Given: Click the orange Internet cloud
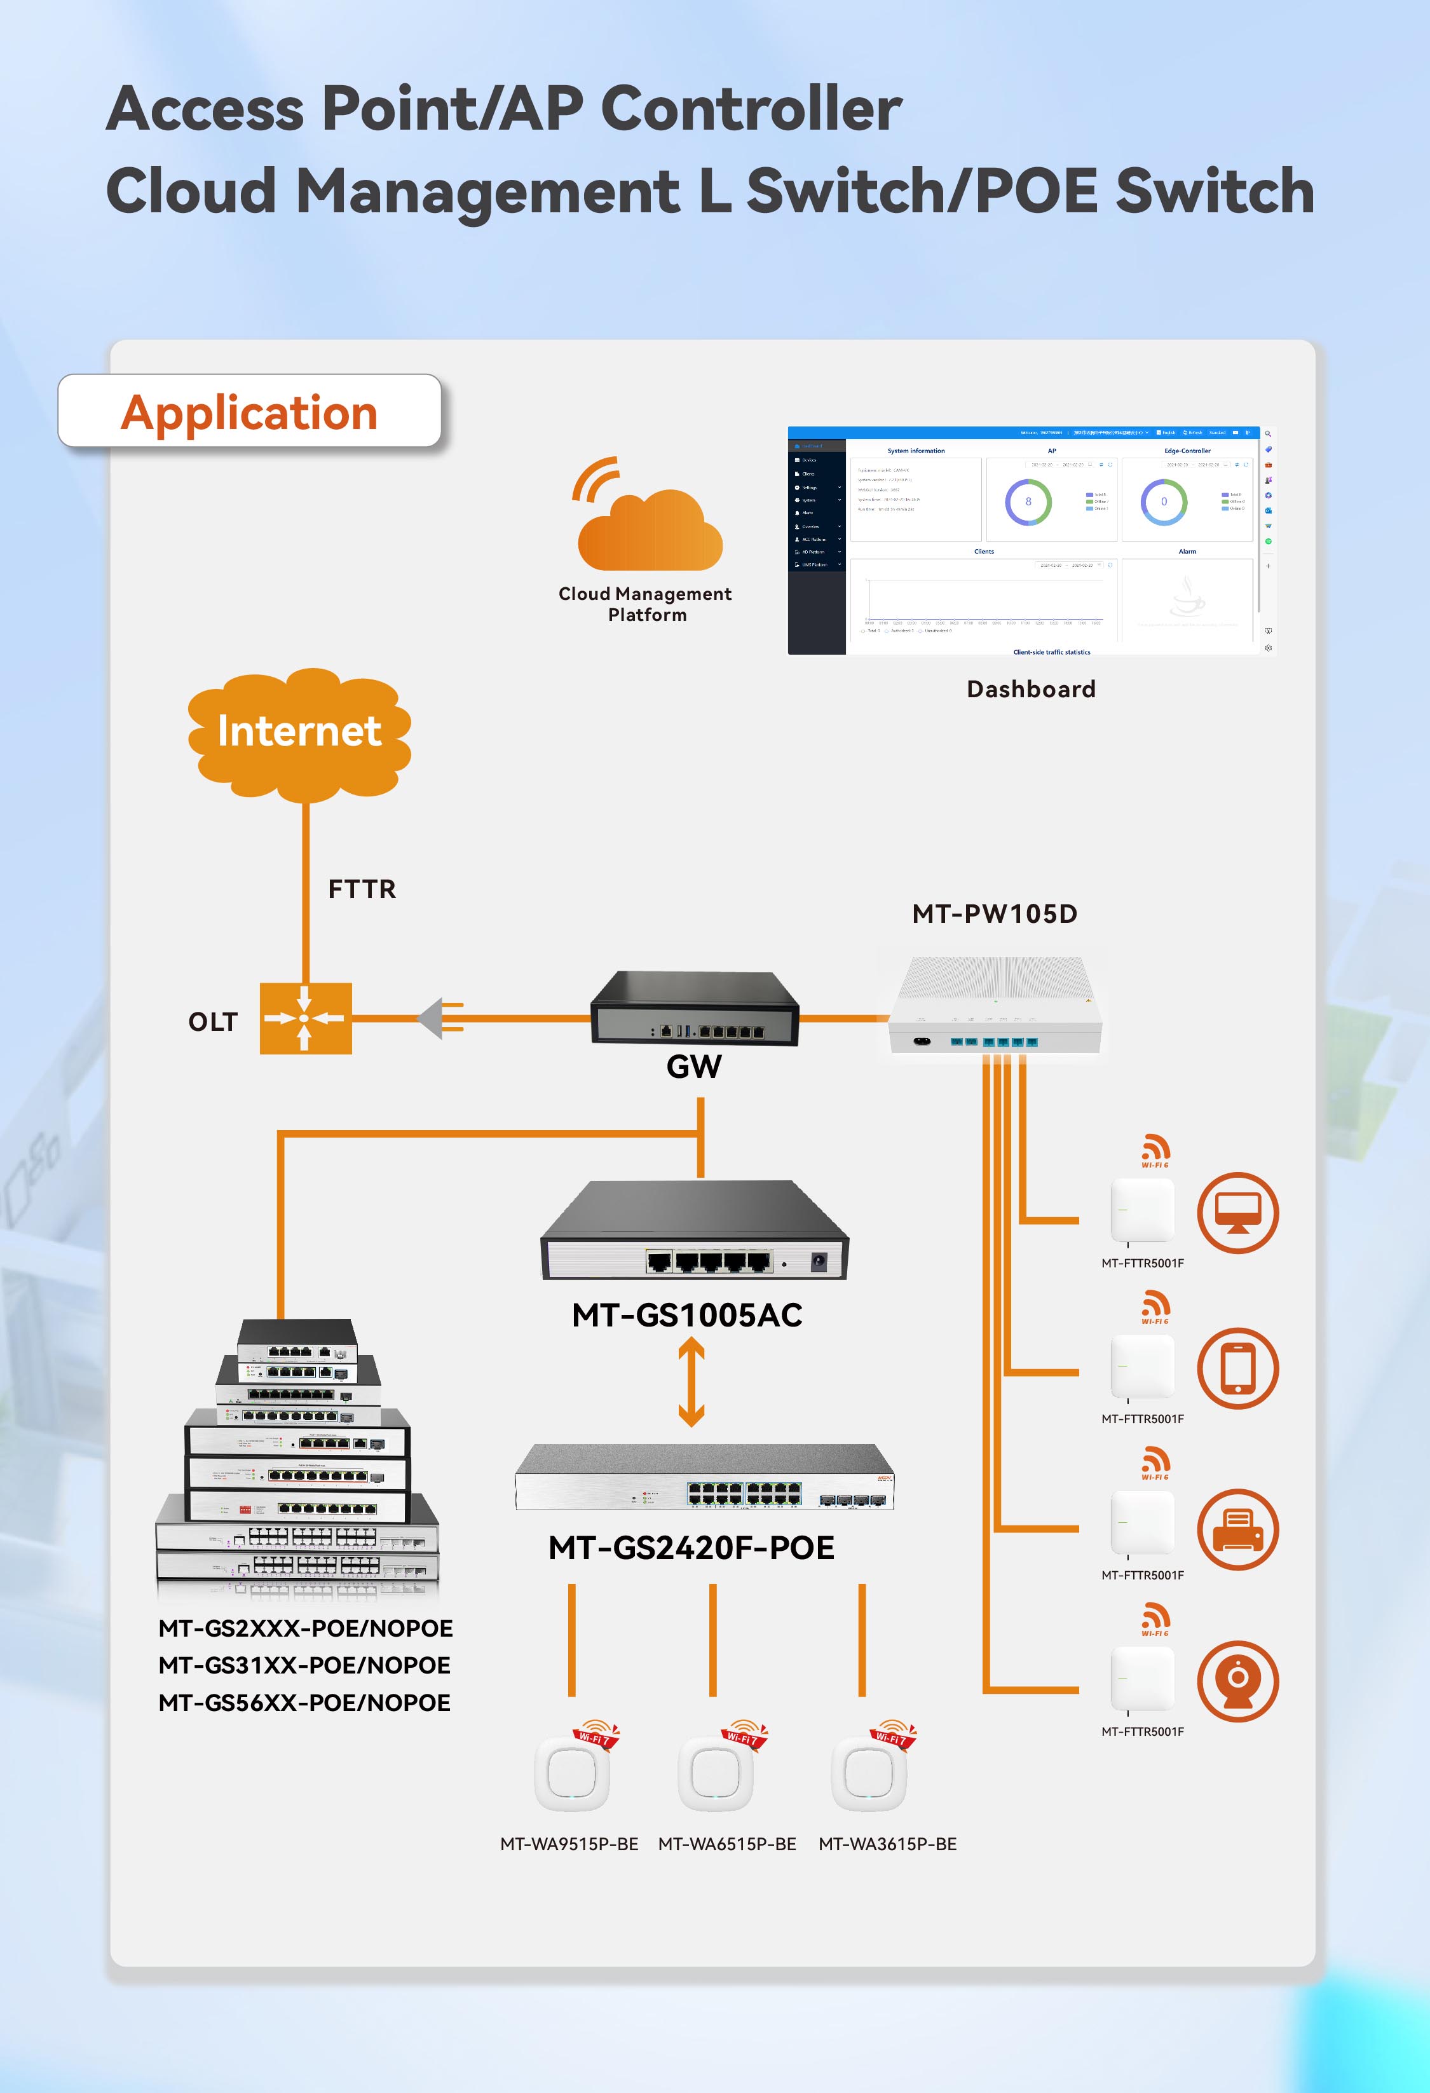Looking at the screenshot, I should pos(299,732).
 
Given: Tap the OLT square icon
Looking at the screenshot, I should pos(305,1019).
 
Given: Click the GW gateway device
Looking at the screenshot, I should pos(694,1009).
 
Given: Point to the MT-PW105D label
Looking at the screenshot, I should pos(994,914).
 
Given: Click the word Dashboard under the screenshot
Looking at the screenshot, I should pos(1031,690).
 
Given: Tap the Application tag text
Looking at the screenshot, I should pos(249,412).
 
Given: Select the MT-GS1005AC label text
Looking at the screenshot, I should pos(687,1316).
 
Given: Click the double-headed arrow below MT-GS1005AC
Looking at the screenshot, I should pos(691,1382).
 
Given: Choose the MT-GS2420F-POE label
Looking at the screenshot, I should pos(691,1548).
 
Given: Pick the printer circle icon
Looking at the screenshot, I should pos(1237,1529).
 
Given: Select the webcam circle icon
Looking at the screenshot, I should pos(1237,1681).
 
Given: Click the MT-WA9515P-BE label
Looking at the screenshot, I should pos(569,1844).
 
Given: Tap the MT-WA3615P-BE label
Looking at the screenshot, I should pos(887,1844).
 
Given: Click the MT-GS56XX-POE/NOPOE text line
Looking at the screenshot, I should pos(304,1703).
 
